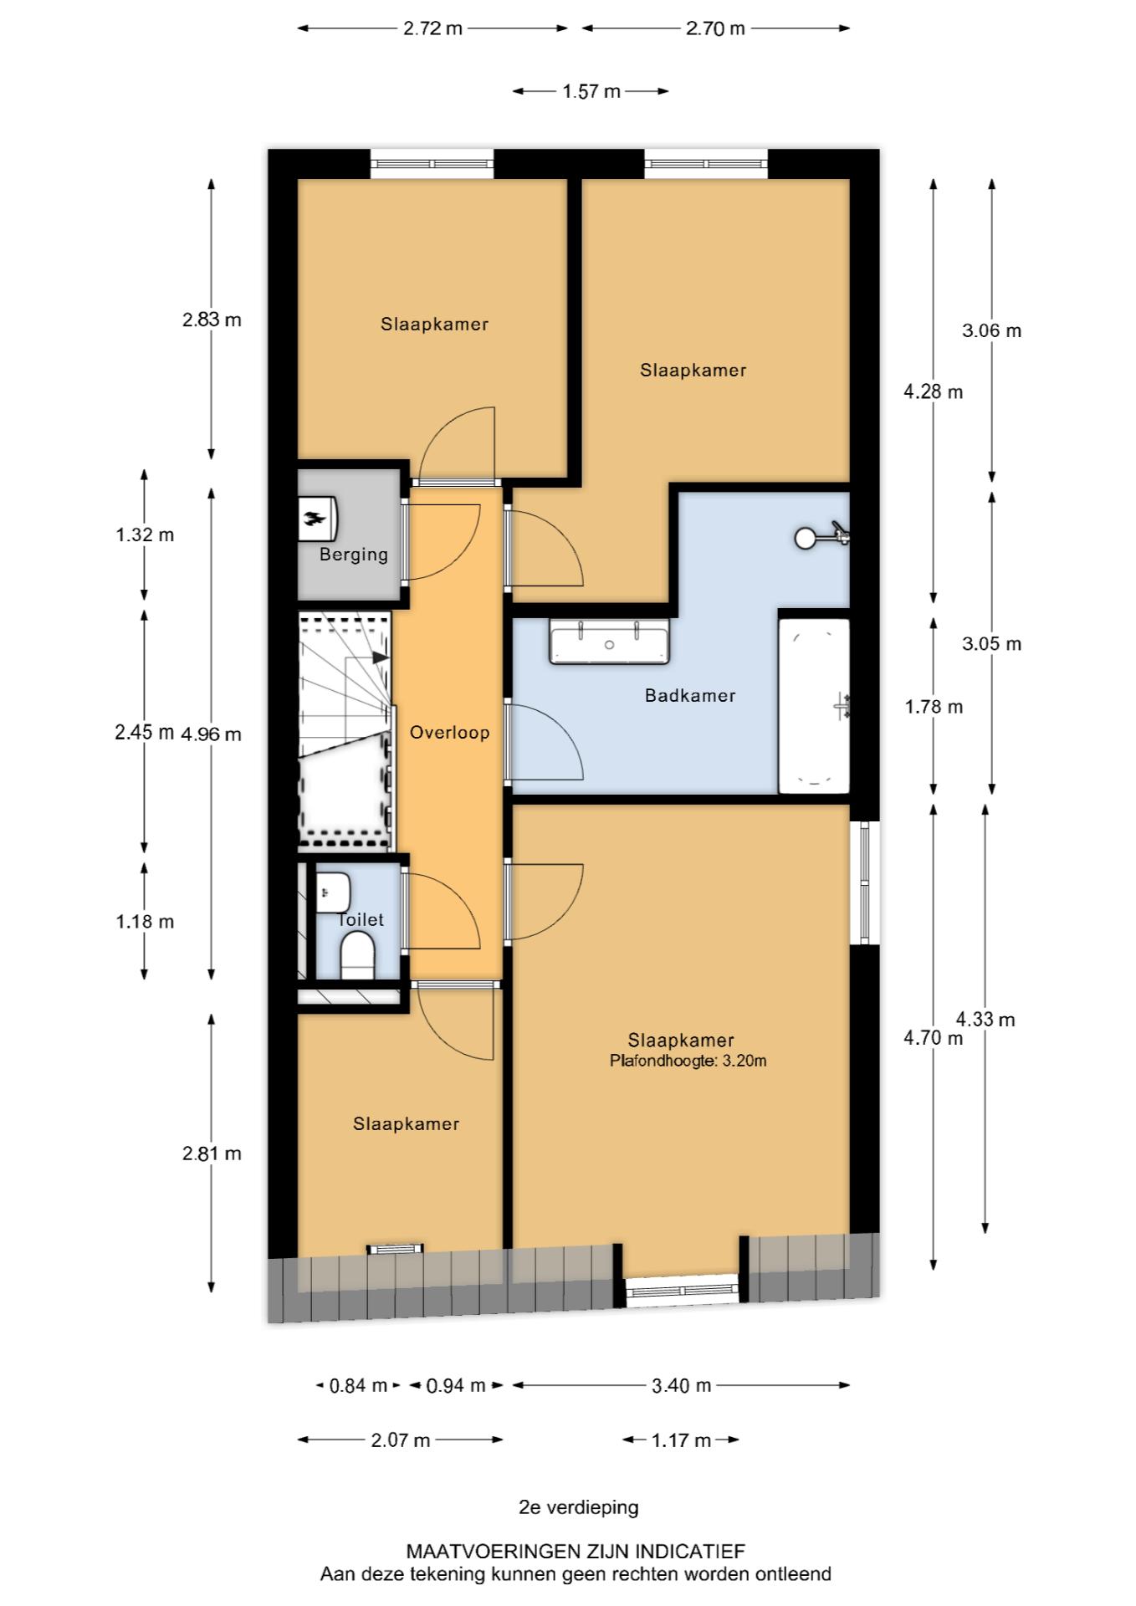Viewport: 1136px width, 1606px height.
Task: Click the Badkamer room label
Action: point(690,695)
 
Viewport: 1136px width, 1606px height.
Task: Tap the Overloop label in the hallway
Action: point(449,733)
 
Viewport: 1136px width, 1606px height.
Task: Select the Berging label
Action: point(354,555)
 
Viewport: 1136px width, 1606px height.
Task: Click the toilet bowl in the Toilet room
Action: point(358,956)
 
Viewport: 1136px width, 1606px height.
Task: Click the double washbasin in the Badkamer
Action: point(609,642)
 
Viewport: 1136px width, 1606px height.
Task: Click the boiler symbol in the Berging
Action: point(318,519)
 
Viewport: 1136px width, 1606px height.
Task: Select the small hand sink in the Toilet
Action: point(333,893)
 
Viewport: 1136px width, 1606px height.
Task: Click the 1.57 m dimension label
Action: point(591,91)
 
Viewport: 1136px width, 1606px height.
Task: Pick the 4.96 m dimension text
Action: point(212,734)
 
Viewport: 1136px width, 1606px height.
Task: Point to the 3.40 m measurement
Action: point(682,1386)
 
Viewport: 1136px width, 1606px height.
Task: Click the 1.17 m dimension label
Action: point(681,1440)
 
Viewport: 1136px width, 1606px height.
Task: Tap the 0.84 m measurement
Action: point(359,1386)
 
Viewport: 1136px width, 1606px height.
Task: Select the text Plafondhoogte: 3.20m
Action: point(688,1061)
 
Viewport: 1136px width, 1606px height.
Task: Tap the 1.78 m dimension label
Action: point(934,707)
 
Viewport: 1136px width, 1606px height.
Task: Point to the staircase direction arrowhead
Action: point(381,657)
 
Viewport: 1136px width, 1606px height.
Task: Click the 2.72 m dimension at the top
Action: point(432,28)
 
